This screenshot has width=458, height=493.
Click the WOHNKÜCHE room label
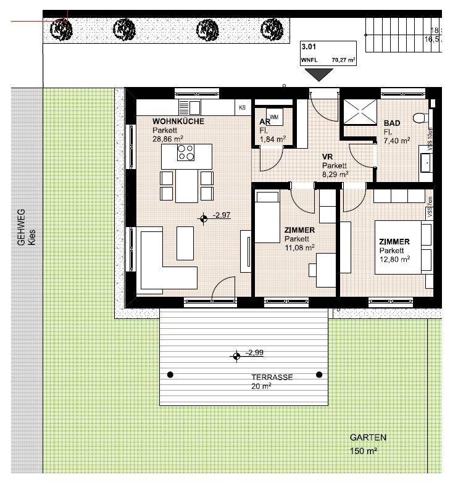[x=178, y=122]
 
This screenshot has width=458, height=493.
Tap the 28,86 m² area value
[x=165, y=139]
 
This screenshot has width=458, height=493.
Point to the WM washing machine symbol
[x=273, y=117]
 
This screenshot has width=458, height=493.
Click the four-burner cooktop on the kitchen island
[x=185, y=152]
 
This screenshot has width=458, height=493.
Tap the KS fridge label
[x=242, y=108]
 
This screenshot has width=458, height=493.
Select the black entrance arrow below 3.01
[x=319, y=75]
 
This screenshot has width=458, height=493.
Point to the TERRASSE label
[x=272, y=377]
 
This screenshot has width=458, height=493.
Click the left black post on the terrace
[x=171, y=375]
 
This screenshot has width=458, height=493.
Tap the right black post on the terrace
[x=319, y=375]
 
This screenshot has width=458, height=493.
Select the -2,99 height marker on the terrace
[x=236, y=355]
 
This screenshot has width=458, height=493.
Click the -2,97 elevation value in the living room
[x=221, y=215]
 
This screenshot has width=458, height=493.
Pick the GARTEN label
[x=368, y=437]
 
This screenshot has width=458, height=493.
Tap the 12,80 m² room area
[x=395, y=260]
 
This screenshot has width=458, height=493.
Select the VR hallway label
[x=327, y=157]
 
